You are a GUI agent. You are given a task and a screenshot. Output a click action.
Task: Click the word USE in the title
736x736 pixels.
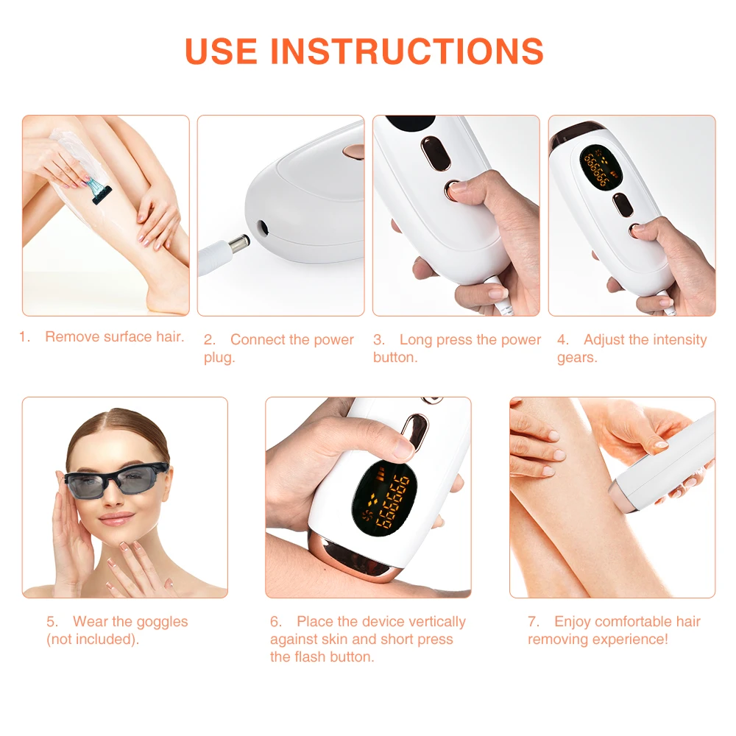pos(222,51)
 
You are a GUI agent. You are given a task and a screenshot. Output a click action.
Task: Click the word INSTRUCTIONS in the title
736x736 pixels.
pos(407,51)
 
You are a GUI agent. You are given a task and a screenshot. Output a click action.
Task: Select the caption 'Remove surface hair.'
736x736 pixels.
pos(114,337)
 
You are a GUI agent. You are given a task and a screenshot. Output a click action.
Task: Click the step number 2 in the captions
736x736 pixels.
pos(209,340)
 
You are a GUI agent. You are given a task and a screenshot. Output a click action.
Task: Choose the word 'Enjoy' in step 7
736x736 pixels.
pos(572,622)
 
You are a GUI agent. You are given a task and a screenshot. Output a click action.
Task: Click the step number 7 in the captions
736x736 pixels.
pos(533,622)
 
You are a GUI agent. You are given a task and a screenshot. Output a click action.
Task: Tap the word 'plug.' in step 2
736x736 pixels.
pos(219,358)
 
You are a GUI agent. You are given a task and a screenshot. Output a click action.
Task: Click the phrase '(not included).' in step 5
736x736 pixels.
pos(93,640)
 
